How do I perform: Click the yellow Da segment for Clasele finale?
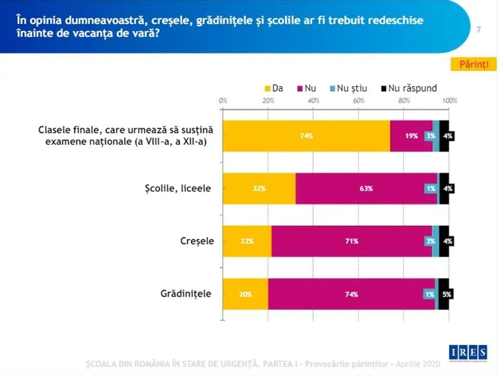point(306,136)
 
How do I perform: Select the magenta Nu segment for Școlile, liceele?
point(366,188)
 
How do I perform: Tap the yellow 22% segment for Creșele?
point(247,241)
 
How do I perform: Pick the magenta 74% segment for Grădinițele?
point(351,294)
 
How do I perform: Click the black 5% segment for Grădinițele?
point(444,294)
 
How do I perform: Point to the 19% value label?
point(411,136)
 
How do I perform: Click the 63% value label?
point(366,188)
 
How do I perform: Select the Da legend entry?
point(274,88)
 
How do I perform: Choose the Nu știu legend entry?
point(348,88)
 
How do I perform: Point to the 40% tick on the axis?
point(313,100)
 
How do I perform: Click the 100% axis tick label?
point(450,100)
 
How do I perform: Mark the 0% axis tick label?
point(223,100)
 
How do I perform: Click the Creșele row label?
point(197,241)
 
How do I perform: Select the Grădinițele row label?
point(186,294)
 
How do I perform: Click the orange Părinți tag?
point(472,64)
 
